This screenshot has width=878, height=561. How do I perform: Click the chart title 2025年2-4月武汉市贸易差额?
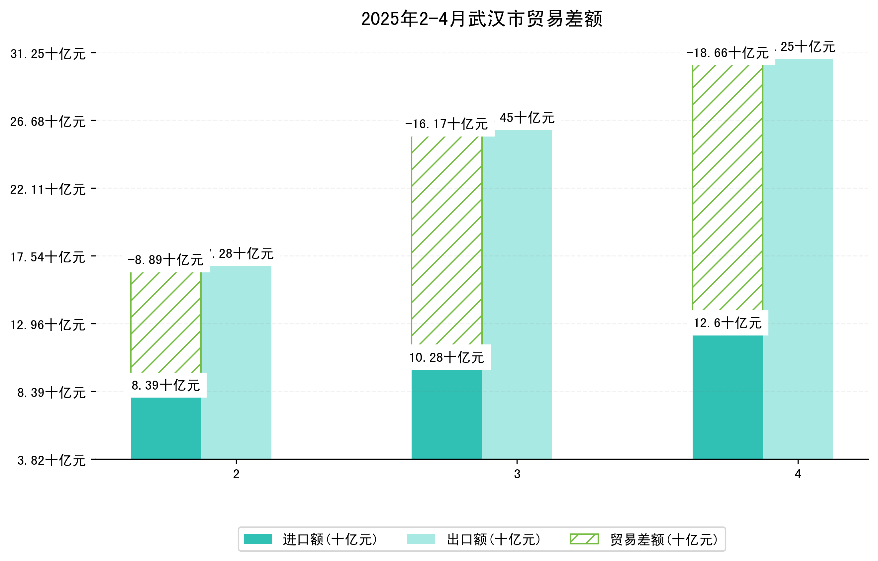481,19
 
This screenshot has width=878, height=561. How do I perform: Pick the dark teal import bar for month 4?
727,397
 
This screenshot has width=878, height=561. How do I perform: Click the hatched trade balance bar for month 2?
165,322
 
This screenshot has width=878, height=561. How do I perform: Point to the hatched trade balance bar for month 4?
727,187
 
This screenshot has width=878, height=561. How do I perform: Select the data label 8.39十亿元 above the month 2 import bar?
165,385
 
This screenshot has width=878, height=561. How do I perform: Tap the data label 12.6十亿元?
727,323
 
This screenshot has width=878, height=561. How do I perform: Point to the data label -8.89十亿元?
165,260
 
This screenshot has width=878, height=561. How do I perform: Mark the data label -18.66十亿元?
727,53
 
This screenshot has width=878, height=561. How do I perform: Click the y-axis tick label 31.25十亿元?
48,54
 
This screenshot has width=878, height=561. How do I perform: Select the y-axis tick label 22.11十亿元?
48,190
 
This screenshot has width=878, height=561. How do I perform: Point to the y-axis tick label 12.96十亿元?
48,325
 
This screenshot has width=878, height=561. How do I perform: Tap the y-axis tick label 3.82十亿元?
51,460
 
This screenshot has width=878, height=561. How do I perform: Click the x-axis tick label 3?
517,474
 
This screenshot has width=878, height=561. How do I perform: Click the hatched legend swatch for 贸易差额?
584,539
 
